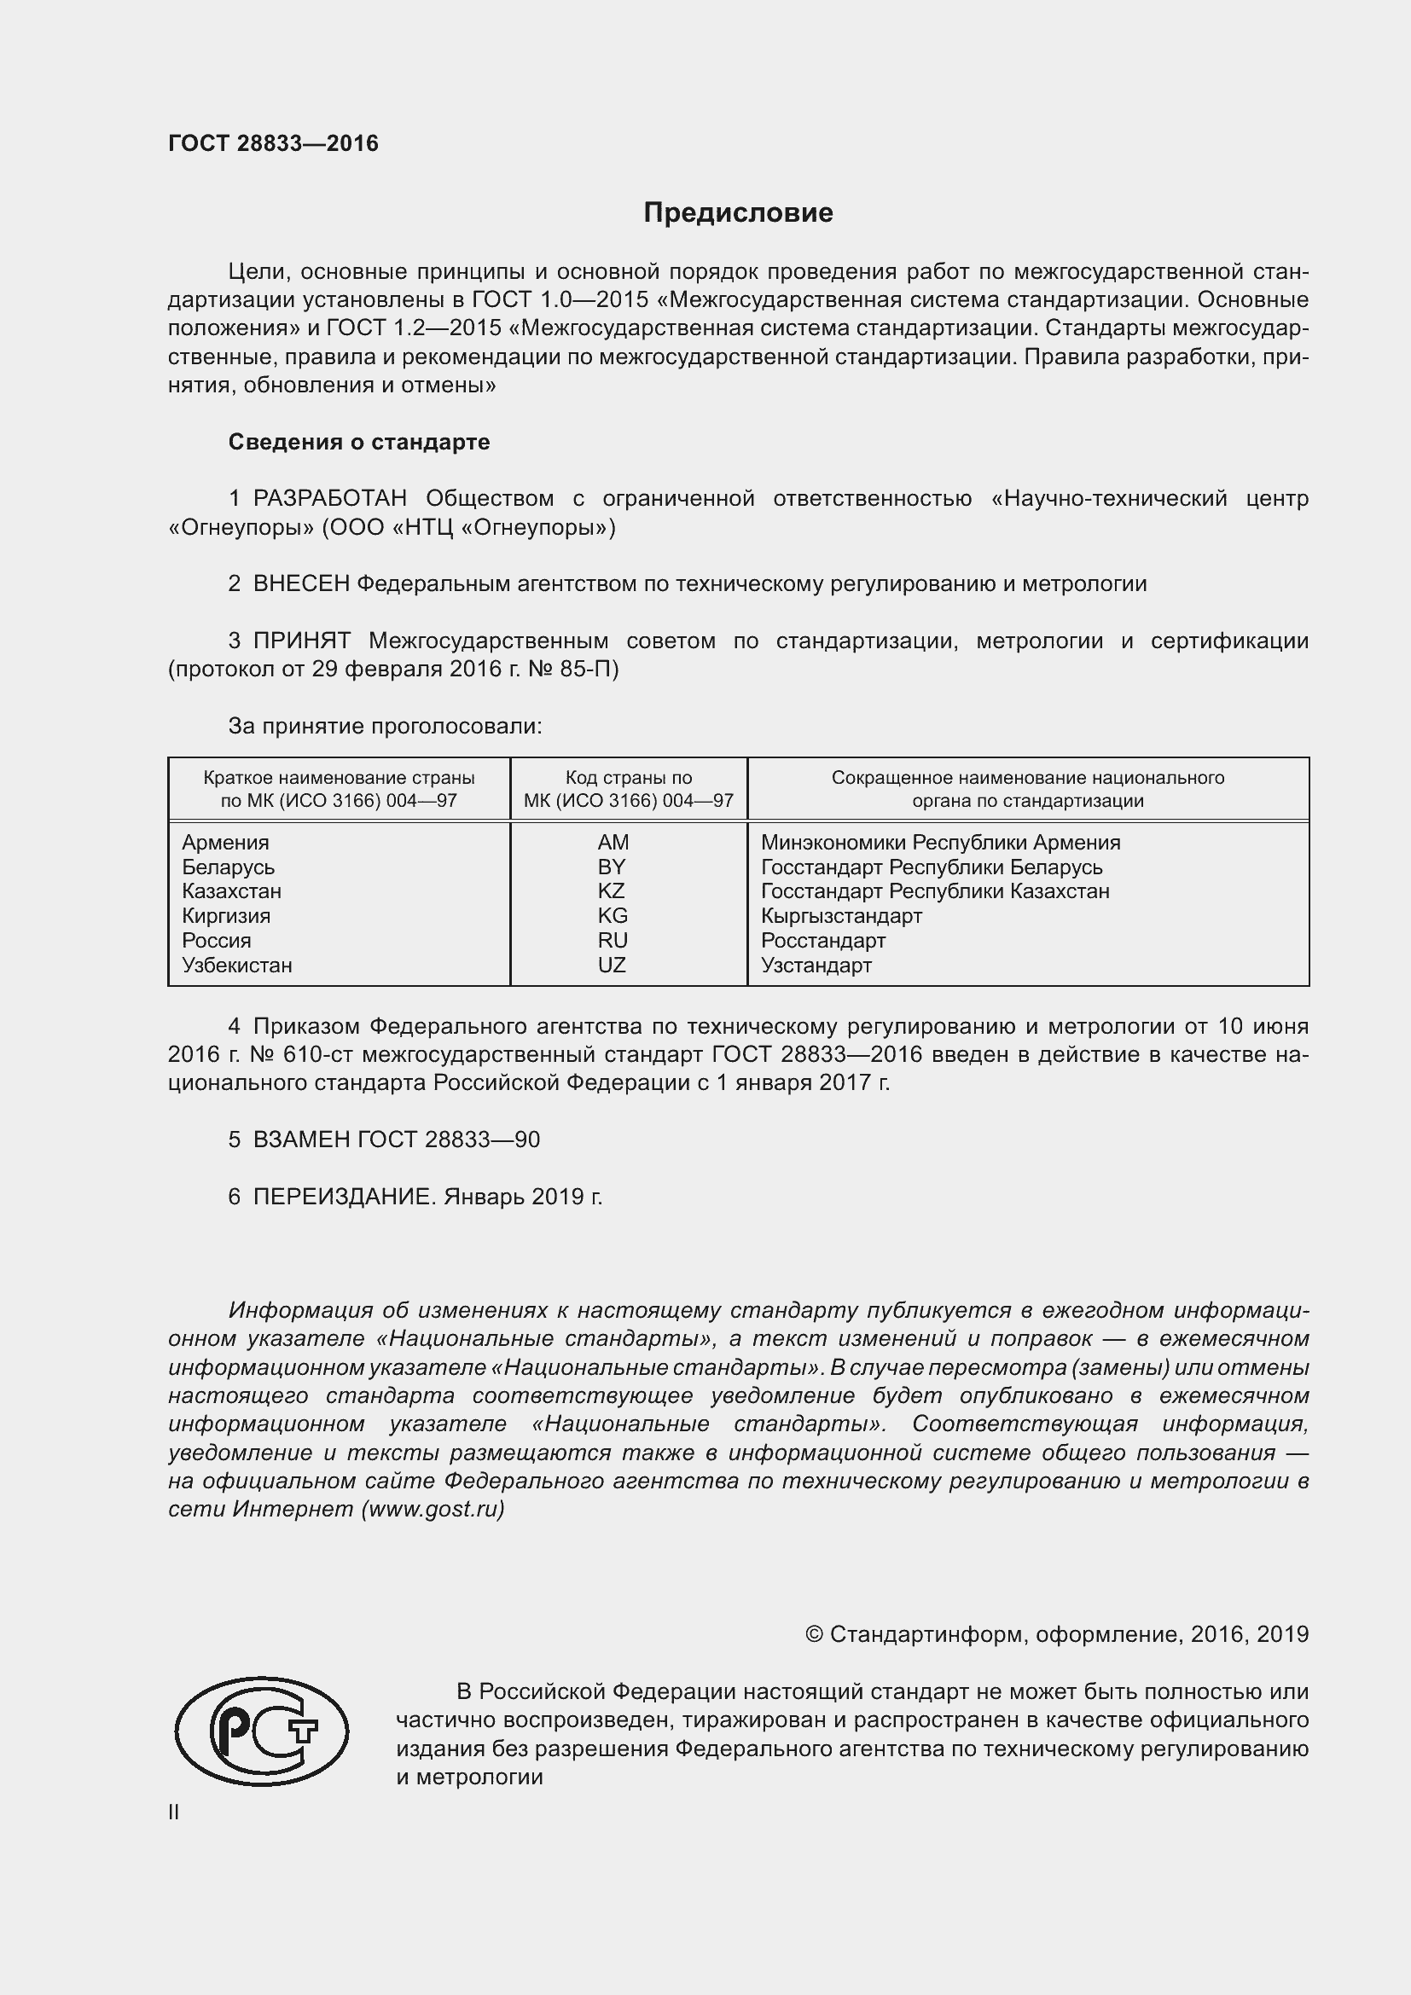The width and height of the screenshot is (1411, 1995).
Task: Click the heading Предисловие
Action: (x=738, y=213)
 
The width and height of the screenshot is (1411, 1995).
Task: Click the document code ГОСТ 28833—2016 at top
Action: (x=273, y=143)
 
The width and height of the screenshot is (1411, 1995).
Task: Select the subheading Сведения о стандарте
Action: (x=359, y=443)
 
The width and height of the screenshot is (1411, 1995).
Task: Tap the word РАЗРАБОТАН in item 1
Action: (x=329, y=499)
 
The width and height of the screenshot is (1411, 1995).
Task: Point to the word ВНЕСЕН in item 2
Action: (x=300, y=584)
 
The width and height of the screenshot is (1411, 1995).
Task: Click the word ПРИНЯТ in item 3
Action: (x=301, y=641)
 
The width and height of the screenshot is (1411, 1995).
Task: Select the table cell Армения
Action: (x=226, y=842)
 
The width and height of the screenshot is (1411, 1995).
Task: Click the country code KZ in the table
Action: (x=612, y=890)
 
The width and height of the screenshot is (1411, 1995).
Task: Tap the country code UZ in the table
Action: (x=612, y=965)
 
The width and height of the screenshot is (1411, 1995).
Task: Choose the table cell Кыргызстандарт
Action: (x=841, y=916)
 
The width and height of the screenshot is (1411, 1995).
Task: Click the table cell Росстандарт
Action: (x=822, y=940)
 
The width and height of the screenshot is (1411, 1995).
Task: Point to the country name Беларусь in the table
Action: (x=229, y=867)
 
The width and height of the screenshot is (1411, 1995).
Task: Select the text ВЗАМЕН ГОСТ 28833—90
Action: (x=396, y=1140)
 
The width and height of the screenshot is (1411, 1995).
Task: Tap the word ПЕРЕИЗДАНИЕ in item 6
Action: (x=343, y=1198)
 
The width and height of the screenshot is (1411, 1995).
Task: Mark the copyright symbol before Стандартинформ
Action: (x=813, y=1634)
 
